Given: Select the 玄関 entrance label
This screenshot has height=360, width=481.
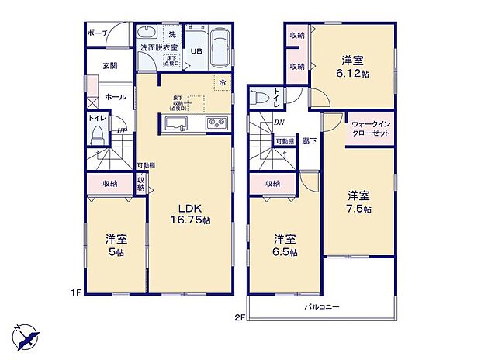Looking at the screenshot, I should tap(109, 67).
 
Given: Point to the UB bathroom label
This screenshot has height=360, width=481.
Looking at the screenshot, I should tap(197, 52).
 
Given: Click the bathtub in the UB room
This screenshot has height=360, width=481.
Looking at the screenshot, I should tap(220, 47).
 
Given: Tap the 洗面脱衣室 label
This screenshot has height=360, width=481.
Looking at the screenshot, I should tap(158, 48).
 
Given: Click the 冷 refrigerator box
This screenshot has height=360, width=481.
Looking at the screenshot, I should tap(221, 81).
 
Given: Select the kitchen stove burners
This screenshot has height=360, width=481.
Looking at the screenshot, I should tap(215, 124).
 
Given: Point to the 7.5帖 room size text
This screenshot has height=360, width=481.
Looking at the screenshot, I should tap(358, 209).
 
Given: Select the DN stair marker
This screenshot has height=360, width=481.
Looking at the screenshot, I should tap(278, 122).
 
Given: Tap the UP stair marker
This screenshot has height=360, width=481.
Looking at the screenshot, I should tap(121, 131).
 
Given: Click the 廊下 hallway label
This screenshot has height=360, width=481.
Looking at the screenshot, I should tap(309, 141).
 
